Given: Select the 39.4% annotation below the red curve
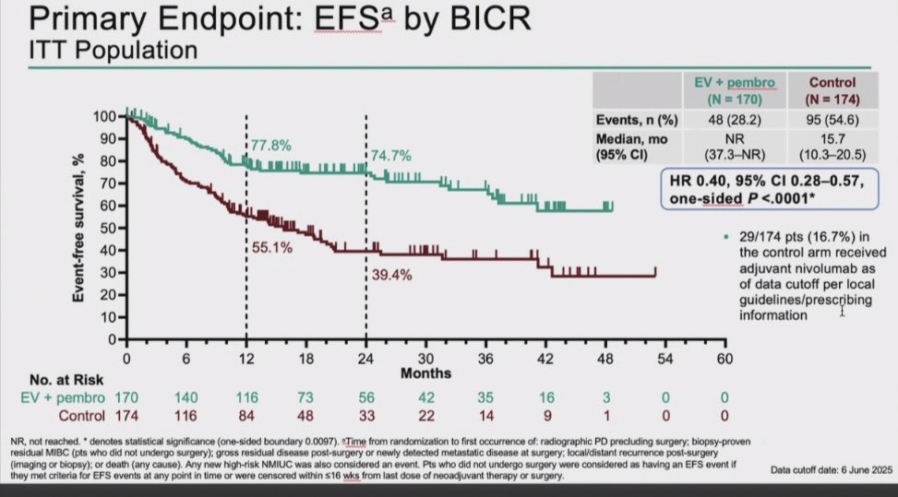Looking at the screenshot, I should point(389,274).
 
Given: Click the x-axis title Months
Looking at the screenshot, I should point(425,373).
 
